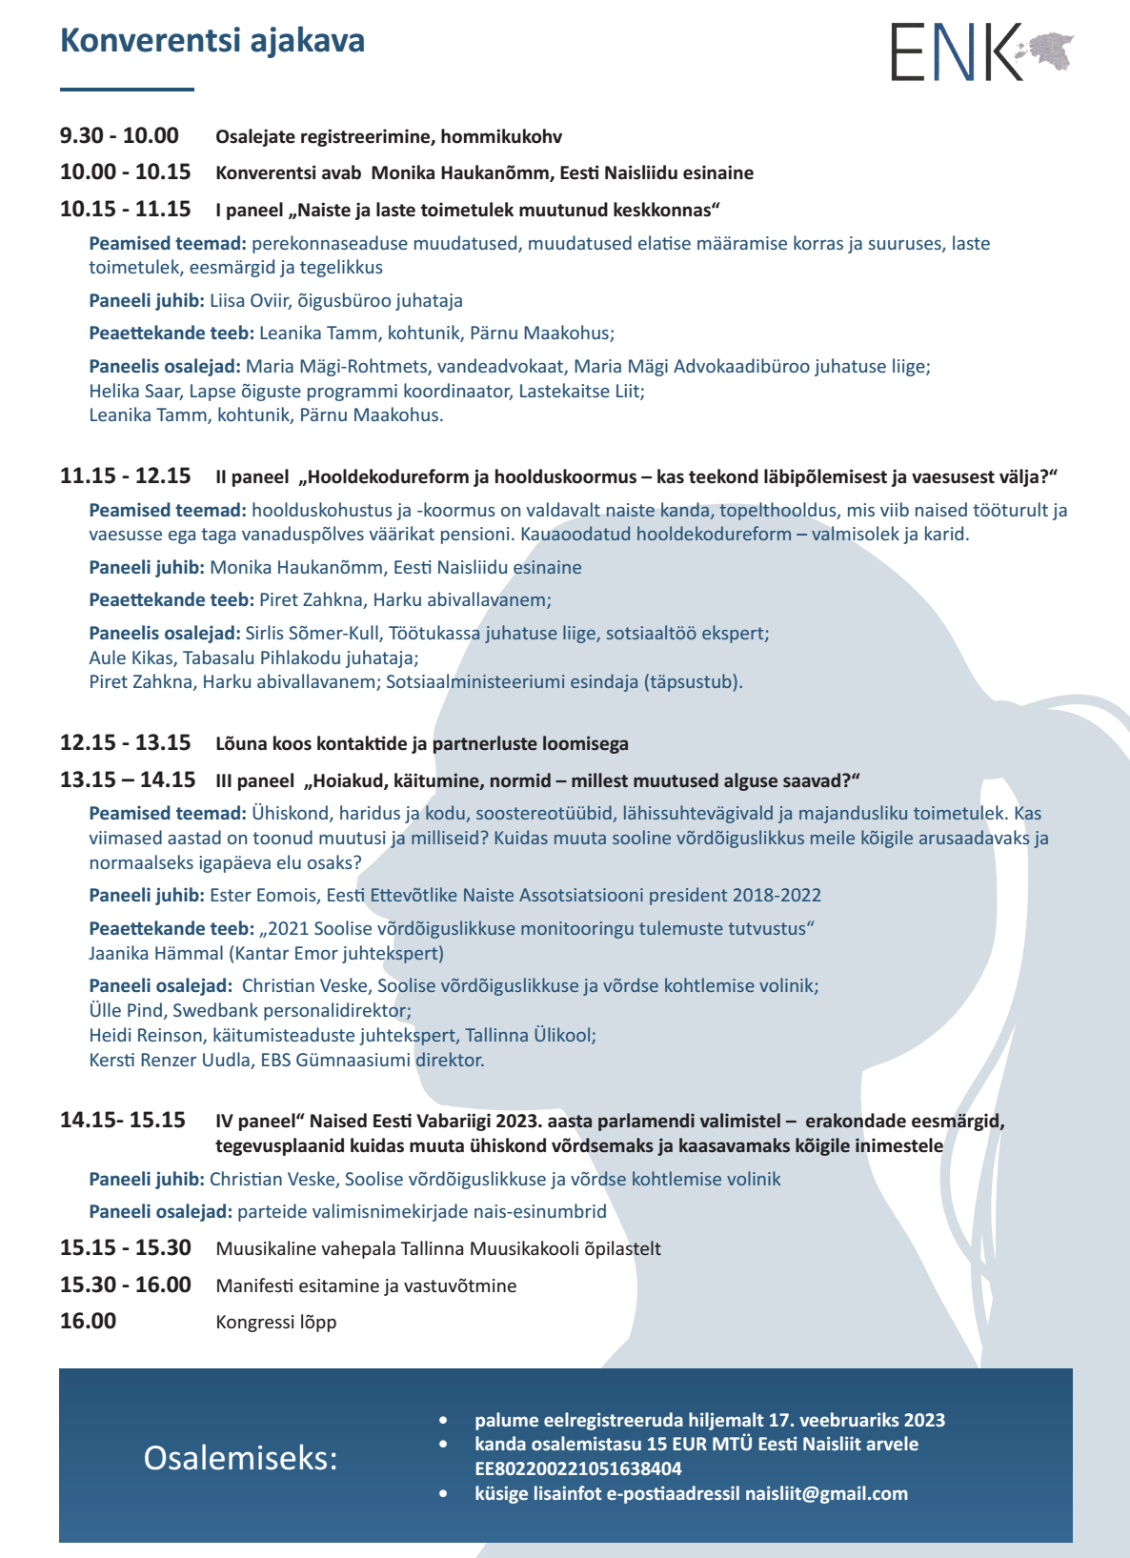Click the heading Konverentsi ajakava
click(212, 41)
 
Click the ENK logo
click(957, 53)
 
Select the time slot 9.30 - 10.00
click(119, 135)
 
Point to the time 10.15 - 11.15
click(125, 209)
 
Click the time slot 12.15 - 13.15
click(125, 742)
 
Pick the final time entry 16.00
click(88, 1321)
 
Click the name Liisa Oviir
click(250, 300)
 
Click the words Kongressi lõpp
click(276, 1322)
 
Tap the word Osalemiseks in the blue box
click(240, 1457)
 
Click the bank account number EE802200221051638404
click(578, 1468)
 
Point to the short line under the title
click(127, 90)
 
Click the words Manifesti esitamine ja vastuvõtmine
click(366, 1285)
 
